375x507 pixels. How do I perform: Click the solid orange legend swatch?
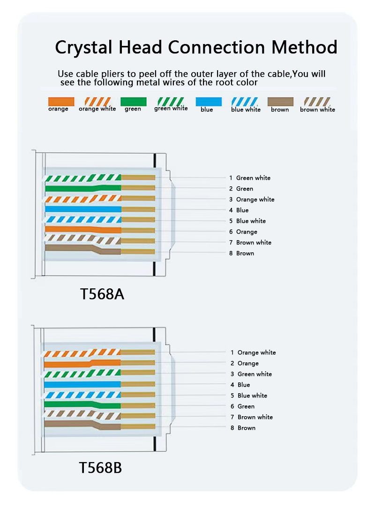[x=61, y=101]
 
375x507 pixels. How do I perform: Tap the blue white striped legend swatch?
[x=245, y=102]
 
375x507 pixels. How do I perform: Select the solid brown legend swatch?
[x=280, y=102]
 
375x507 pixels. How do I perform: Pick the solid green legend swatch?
[x=133, y=102]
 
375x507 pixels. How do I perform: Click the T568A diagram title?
[x=102, y=294]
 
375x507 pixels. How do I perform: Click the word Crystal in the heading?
[x=82, y=48]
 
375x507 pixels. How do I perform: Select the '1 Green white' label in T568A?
[x=250, y=178]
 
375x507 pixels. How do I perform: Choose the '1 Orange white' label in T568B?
[x=253, y=353]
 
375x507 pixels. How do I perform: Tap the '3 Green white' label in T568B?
[x=251, y=374]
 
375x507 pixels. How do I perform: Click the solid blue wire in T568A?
[x=82, y=209]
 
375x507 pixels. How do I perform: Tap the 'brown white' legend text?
[x=317, y=110]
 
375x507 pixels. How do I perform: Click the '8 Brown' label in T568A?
[x=242, y=253]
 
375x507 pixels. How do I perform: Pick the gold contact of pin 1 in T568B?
[x=138, y=353]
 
